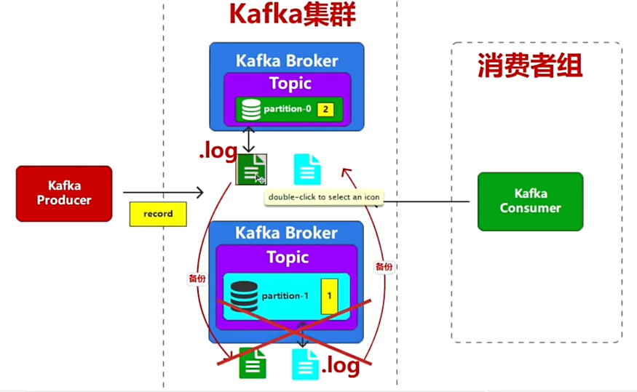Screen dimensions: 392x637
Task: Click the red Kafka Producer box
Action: (x=64, y=193)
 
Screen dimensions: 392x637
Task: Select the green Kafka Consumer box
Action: (x=530, y=201)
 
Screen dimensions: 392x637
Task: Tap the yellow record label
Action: (x=158, y=215)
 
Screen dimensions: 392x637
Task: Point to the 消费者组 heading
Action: (x=530, y=68)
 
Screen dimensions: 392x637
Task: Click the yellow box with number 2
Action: (x=326, y=110)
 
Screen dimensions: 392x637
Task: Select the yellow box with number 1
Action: (x=328, y=296)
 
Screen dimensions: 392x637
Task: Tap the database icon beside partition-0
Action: (x=251, y=110)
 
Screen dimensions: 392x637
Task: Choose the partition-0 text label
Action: (x=288, y=110)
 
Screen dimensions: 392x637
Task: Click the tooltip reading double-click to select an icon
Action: (x=323, y=197)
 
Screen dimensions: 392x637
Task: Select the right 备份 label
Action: (x=384, y=267)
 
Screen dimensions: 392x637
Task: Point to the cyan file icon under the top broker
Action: (x=306, y=169)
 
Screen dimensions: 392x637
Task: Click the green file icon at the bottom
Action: (x=253, y=363)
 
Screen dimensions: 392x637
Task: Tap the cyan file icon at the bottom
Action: (x=305, y=364)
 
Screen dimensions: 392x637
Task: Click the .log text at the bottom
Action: (x=340, y=366)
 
